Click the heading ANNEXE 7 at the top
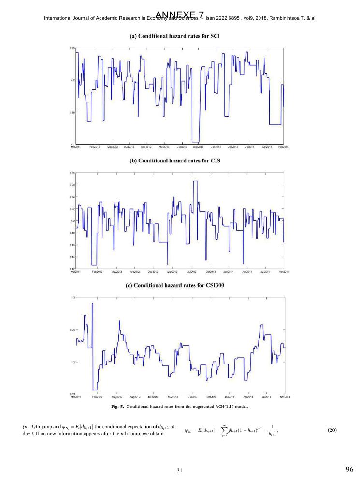(x=180, y=7)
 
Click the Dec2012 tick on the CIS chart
(x=153, y=272)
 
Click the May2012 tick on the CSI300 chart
(x=115, y=396)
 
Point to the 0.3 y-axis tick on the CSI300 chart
(x=73, y=297)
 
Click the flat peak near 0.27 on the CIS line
(x=195, y=181)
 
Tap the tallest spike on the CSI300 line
(x=92, y=304)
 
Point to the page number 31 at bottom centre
(x=179, y=469)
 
